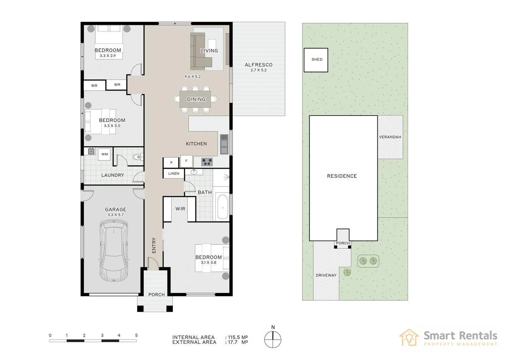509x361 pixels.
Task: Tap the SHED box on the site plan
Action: (x=316, y=60)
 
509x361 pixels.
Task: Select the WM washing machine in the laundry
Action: (x=104, y=154)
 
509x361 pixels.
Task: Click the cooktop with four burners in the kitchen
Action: (x=207, y=162)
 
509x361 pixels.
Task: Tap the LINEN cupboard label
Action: (x=174, y=174)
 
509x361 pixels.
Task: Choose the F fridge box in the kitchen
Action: (x=186, y=161)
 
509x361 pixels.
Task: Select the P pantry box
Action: (x=171, y=163)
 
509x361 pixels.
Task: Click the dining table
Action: (x=196, y=99)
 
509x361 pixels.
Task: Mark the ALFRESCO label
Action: (x=259, y=65)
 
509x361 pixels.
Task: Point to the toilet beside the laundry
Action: (x=136, y=157)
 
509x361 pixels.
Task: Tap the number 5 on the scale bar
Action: (x=137, y=335)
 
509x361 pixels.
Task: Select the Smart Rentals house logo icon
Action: (x=409, y=338)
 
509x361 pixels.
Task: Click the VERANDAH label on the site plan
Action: (x=390, y=137)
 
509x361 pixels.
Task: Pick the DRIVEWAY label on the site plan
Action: (x=326, y=275)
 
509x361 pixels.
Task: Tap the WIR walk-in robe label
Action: (x=180, y=209)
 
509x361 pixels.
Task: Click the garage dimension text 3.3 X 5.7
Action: (x=115, y=215)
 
